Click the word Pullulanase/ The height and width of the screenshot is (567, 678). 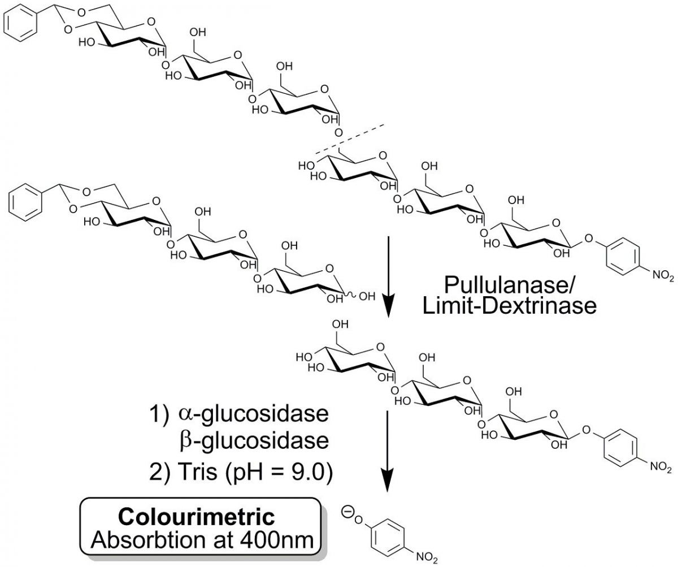tap(516, 284)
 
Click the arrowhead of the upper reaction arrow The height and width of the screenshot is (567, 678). tap(388, 308)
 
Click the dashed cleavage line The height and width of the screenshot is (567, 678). tap(350, 137)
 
